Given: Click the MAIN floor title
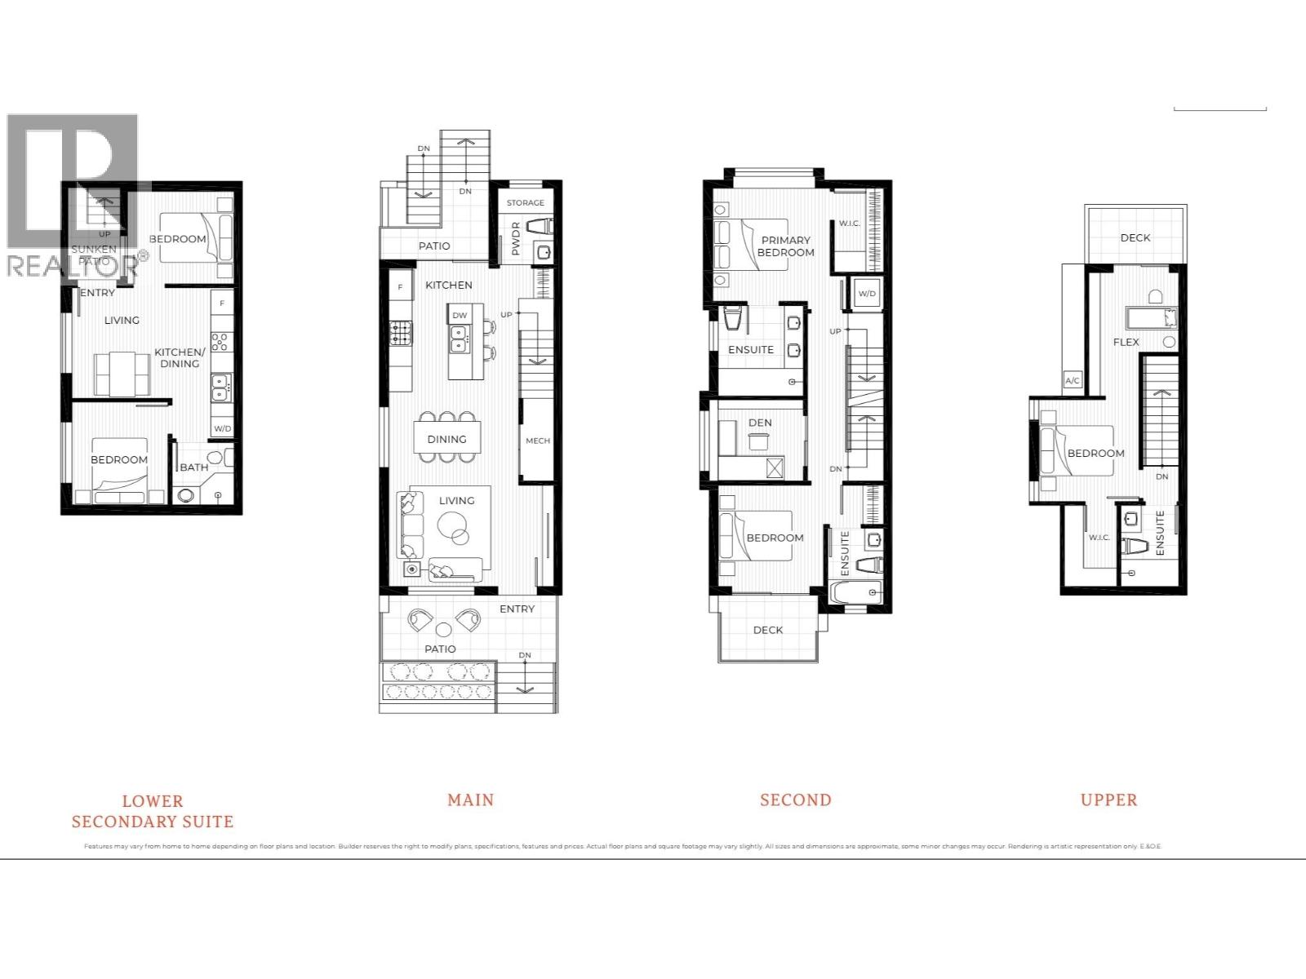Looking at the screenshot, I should (x=470, y=800).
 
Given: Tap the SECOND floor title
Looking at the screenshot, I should (x=795, y=800).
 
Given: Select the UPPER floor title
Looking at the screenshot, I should (x=1108, y=800).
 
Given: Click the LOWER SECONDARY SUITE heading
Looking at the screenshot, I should (x=152, y=811).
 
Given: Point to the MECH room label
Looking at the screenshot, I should (x=537, y=441).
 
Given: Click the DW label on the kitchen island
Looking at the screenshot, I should (x=460, y=315).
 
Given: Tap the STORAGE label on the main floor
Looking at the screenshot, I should (x=525, y=202).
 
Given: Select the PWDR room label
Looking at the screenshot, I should (x=515, y=239).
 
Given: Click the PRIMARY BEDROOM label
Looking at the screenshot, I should (x=785, y=246).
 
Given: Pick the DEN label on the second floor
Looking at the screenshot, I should (x=759, y=423).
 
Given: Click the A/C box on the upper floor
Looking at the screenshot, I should (x=1073, y=380).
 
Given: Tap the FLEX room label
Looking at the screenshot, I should (x=1126, y=342).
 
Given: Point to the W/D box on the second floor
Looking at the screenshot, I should (x=866, y=294).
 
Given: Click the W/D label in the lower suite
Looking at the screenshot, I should (x=222, y=428).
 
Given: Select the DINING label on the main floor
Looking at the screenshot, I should (x=446, y=439).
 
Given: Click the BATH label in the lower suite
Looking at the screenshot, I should (x=193, y=467).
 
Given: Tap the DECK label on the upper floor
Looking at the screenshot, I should (x=1135, y=237).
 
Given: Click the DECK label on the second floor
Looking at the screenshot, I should (x=767, y=630).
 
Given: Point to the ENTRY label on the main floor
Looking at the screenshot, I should (x=517, y=609).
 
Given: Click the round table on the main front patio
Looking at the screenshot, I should (x=443, y=630).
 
